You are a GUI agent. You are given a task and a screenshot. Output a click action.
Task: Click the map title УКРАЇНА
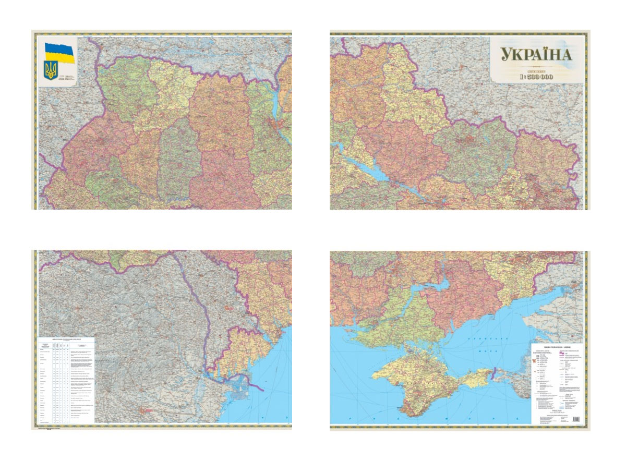536,55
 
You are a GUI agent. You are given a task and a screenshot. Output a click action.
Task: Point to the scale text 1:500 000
536,77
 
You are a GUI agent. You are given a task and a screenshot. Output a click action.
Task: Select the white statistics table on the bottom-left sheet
66,380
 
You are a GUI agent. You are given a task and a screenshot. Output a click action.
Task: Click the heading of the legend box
557,347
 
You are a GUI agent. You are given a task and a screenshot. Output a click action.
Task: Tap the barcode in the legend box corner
576,419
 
